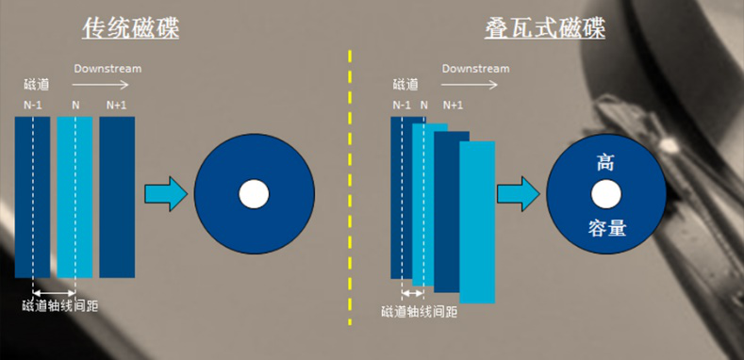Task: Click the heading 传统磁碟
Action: click(130, 29)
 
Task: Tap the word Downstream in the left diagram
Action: click(108, 69)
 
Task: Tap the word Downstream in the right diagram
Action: click(475, 69)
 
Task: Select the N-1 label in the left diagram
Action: click(34, 105)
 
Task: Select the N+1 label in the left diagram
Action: click(116, 105)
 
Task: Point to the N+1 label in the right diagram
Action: click(453, 105)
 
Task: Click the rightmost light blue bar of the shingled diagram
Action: click(477, 221)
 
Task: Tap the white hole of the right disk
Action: click(605, 195)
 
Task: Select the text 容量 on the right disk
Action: click(605, 228)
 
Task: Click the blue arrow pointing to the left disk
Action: click(165, 193)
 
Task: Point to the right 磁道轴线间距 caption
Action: click(420, 312)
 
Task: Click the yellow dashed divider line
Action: click(350, 188)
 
